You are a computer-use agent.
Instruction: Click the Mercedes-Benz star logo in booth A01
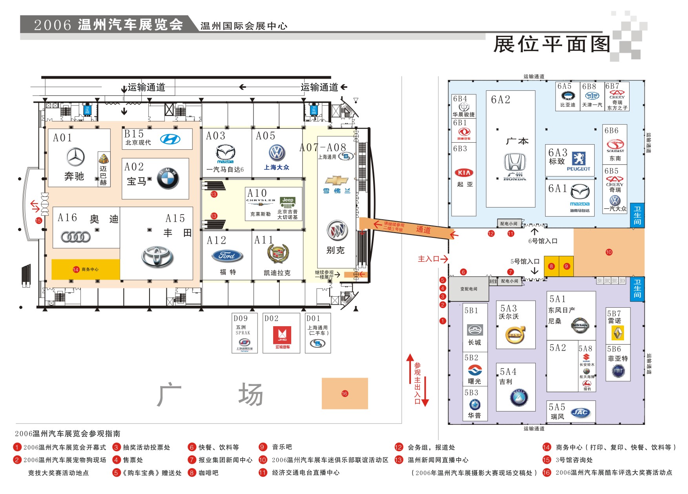(75, 157)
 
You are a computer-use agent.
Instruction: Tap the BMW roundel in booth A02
(168, 178)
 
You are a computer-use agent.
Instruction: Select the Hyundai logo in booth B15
(170, 139)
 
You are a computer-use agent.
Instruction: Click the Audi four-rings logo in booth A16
(76, 237)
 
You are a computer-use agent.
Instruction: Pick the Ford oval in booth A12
(228, 256)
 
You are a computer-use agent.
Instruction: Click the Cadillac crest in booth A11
(278, 254)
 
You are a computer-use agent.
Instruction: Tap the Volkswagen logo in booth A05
(277, 153)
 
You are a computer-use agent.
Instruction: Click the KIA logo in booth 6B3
(464, 173)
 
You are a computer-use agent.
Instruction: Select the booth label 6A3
(558, 152)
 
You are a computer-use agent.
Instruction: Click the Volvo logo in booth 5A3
(515, 335)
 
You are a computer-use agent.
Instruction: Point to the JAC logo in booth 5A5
(580, 412)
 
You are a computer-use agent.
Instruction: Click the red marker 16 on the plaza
(345, 393)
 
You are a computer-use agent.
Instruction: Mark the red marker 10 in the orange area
(609, 252)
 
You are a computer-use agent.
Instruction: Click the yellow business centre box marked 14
(86, 269)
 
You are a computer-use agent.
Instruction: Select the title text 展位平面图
(551, 44)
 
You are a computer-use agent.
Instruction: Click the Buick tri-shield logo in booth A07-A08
(337, 230)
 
